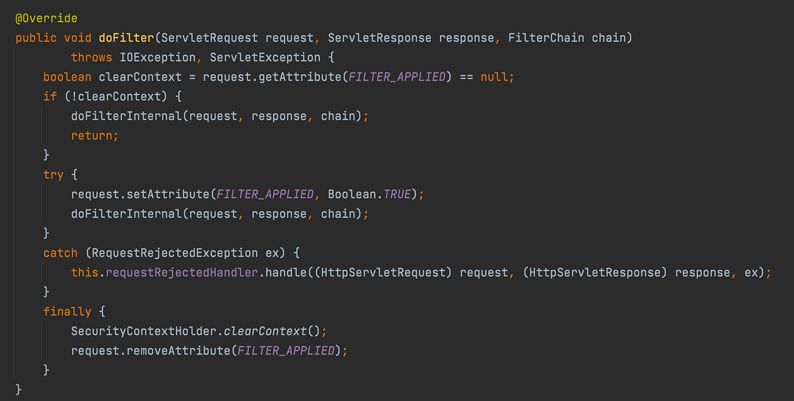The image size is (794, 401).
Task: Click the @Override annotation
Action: click(47, 18)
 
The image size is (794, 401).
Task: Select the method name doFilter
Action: click(126, 38)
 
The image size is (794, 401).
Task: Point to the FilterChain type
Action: click(546, 38)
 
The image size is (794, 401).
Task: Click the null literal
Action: click(493, 77)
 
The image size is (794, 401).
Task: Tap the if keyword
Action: click(50, 96)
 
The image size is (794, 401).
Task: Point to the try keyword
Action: click(53, 174)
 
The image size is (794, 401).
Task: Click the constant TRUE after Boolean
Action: click(397, 194)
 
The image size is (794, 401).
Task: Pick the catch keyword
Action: click(60, 253)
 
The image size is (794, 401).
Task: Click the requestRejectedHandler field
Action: click(181, 272)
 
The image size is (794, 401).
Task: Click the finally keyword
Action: click(67, 312)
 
